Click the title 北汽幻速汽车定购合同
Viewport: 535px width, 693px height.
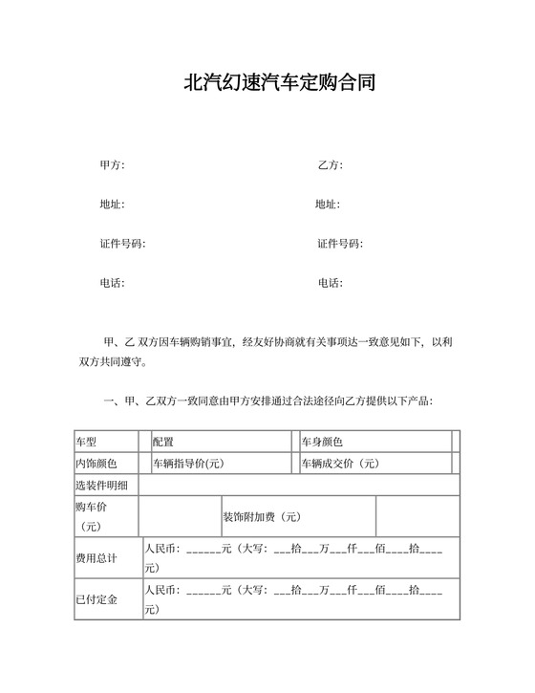tap(279, 82)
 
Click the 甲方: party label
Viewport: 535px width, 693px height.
tap(112, 165)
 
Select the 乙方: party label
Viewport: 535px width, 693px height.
tap(330, 165)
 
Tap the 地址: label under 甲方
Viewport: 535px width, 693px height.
tap(112, 205)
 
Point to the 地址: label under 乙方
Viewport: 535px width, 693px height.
tap(328, 205)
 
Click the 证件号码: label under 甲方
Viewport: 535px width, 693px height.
tap(122, 244)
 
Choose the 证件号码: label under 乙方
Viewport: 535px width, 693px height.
tap(340, 244)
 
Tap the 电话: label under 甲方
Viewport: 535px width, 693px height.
tap(112, 283)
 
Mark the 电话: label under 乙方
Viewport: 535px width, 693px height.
tap(330, 283)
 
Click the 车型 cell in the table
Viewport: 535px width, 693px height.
tap(87, 442)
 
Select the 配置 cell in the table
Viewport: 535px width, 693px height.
tap(163, 442)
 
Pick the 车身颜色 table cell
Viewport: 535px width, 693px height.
tap(322, 442)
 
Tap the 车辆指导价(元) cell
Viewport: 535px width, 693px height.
tap(189, 464)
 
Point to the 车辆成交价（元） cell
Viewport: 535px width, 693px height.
tap(340, 464)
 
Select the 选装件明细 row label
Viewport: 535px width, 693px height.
tap(102, 487)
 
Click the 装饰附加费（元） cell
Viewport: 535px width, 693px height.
tap(262, 517)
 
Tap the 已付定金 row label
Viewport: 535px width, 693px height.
tap(96, 599)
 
